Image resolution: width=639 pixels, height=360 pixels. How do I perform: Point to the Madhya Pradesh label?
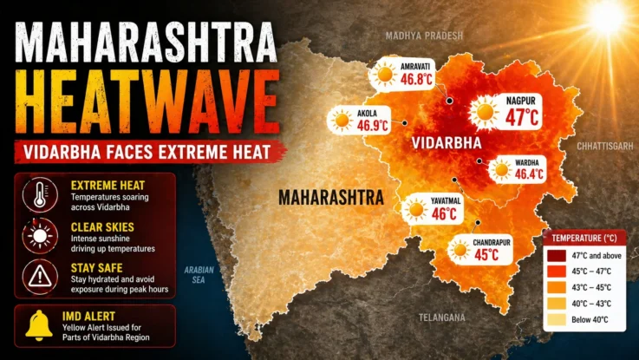(425, 36)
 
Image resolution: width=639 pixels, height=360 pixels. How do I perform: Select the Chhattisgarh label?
(606, 147)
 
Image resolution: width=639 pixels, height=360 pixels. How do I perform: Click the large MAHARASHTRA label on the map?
(330, 198)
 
